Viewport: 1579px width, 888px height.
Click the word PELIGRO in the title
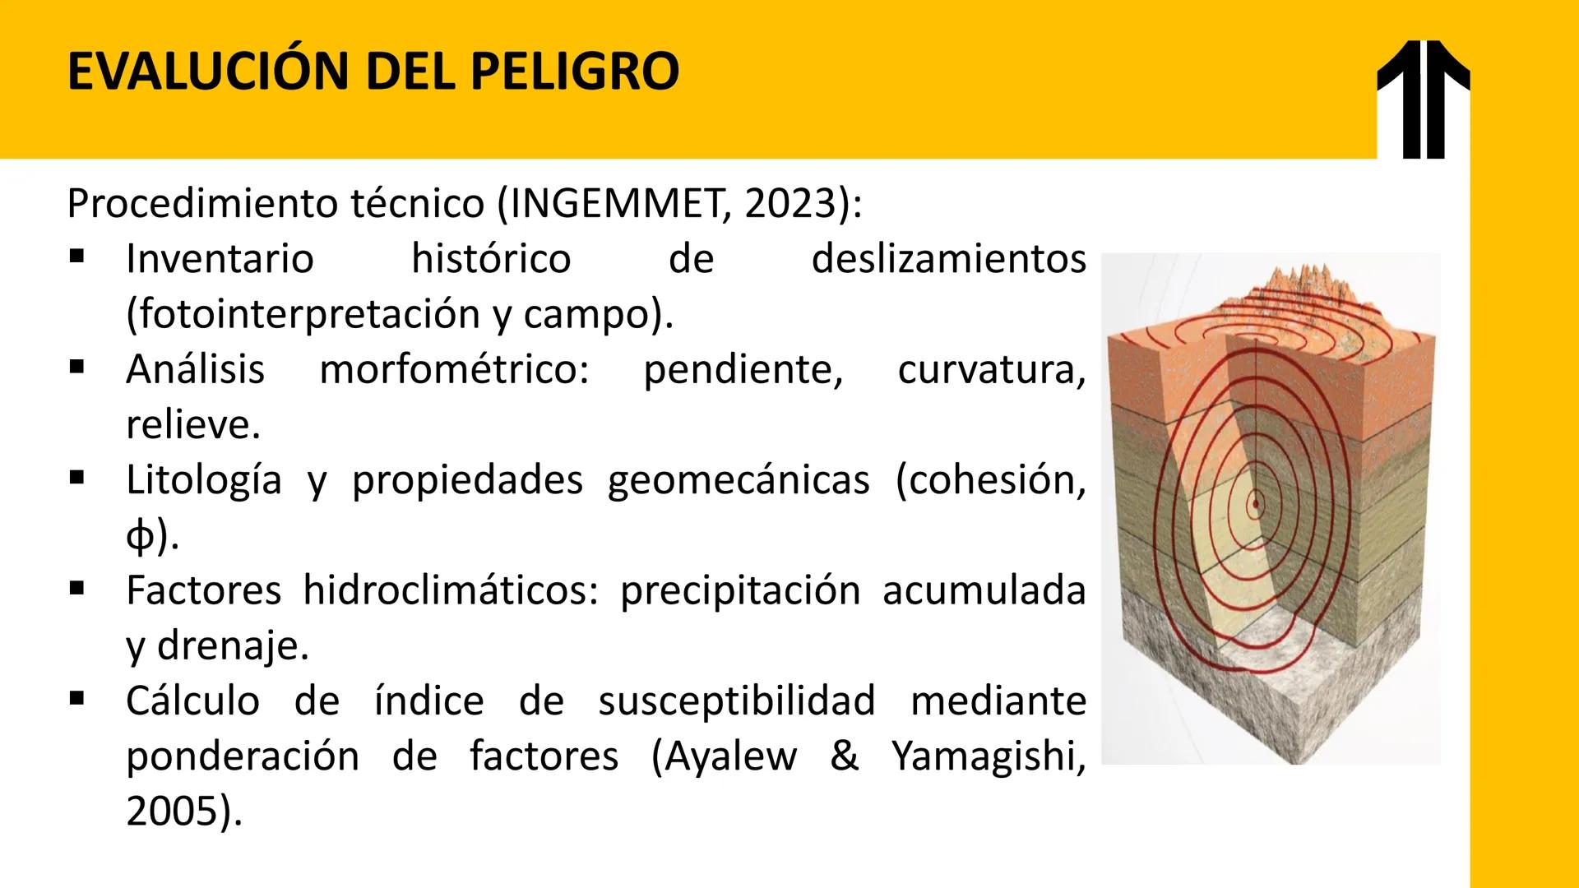575,72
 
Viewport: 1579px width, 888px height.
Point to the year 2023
790,204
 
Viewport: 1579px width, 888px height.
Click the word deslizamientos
948,259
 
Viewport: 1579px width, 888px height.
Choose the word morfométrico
454,369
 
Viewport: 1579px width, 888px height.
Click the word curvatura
991,369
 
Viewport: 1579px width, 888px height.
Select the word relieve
192,424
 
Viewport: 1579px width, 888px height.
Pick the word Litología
204,480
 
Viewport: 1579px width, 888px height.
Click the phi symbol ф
140,536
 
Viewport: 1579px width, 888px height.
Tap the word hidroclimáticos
451,590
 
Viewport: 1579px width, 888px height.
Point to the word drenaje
232,646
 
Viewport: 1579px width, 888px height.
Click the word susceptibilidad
737,701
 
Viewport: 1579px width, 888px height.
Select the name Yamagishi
987,756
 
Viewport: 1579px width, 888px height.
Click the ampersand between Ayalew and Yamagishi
844,756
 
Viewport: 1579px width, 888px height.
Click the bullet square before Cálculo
77,700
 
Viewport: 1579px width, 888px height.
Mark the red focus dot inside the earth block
1256,502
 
